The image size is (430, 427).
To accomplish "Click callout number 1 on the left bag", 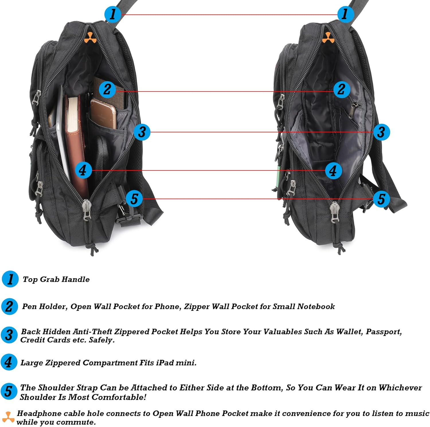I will [x=112, y=14].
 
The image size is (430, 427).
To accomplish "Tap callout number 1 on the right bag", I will [x=345, y=14].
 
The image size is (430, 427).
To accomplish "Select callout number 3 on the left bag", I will [x=142, y=132].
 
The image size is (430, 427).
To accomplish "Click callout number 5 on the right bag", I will [x=381, y=199].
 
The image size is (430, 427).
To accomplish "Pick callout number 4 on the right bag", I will [x=333, y=171].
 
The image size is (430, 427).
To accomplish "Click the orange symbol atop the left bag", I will [x=90, y=38].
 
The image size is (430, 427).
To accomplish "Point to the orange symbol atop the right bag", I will [x=328, y=38].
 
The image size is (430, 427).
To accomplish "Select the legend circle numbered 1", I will [x=10, y=279].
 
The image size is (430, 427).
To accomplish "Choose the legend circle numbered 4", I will [x=9, y=362].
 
